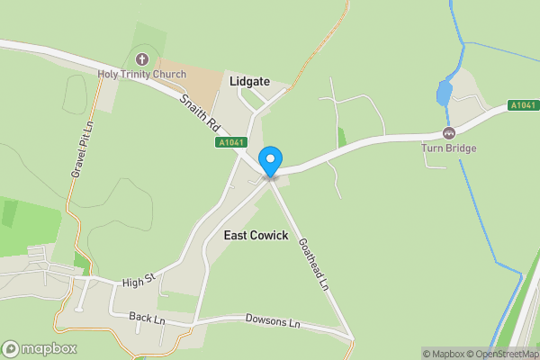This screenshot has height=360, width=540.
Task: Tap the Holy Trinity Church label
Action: (142, 74)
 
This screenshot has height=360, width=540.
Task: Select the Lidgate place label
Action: (249, 81)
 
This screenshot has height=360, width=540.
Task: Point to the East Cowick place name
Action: (256, 235)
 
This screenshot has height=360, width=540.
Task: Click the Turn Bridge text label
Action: (448, 148)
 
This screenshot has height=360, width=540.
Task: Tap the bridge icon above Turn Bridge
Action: (448, 133)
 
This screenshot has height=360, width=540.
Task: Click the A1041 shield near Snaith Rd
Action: (230, 142)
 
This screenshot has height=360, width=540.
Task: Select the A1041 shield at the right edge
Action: (522, 105)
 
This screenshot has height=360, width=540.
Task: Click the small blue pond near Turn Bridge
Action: (444, 93)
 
